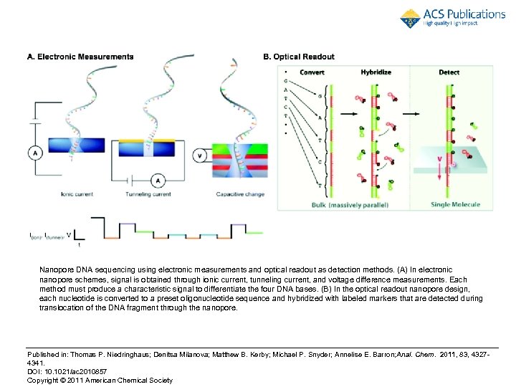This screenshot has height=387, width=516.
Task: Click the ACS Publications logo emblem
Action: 411,19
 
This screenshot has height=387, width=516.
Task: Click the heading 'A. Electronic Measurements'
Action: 80,57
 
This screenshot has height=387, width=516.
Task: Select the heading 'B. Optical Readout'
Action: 299,57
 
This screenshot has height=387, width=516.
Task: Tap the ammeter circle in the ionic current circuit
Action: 34,151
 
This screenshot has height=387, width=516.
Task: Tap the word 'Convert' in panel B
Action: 312,72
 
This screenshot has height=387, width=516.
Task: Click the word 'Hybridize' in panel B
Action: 376,72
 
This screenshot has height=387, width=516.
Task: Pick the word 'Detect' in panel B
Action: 449,72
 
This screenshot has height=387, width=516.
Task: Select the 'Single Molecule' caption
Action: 455,205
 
